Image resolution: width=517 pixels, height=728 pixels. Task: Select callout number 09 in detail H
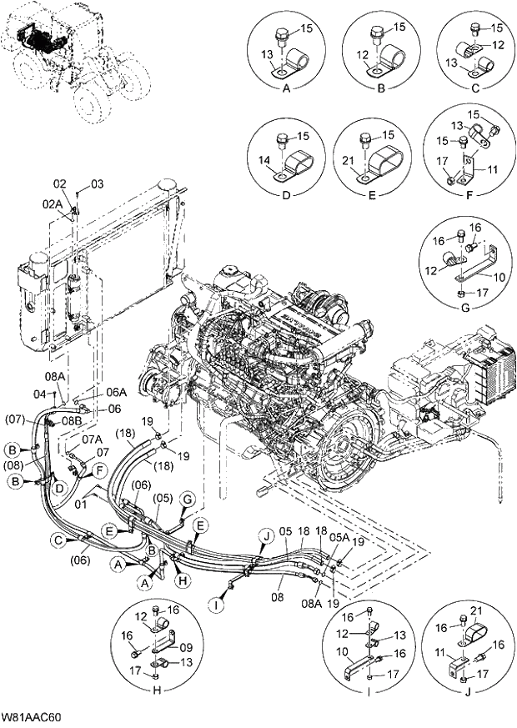[185, 645]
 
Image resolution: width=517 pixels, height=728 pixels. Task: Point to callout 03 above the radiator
[98, 183]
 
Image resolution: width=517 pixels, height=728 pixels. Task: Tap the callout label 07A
[91, 438]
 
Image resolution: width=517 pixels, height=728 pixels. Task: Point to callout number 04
[39, 393]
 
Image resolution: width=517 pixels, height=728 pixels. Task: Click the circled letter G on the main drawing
[188, 499]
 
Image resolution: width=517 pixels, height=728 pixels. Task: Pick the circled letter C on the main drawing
[59, 540]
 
